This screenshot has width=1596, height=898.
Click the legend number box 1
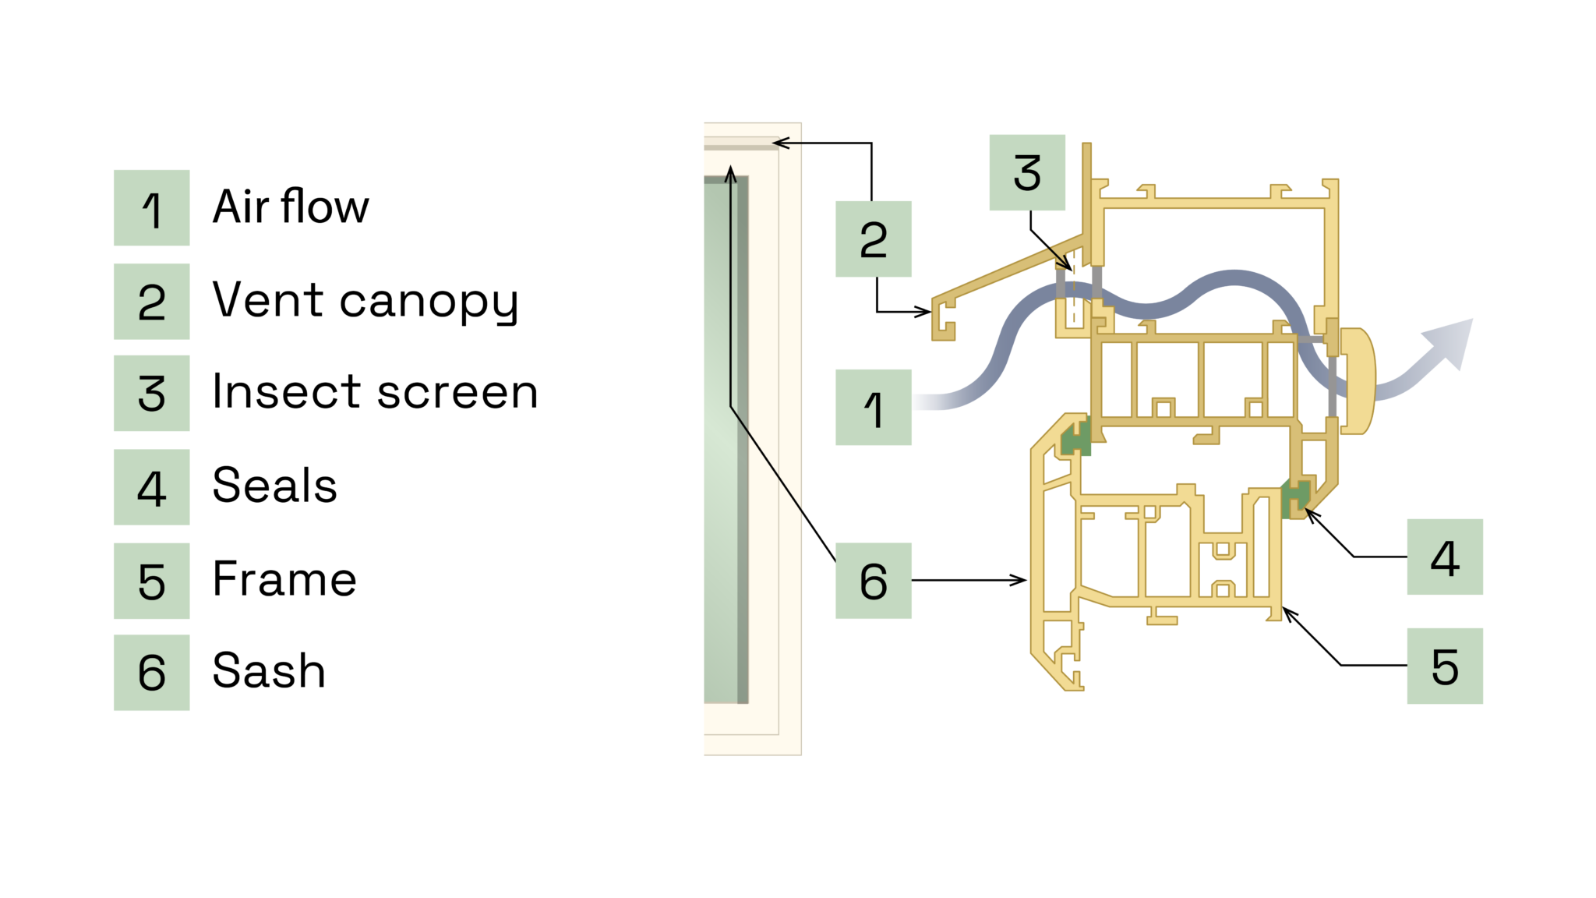point(151,207)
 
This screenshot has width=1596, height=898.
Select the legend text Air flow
point(291,207)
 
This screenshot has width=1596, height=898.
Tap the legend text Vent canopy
point(365,301)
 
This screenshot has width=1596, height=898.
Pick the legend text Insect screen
point(375,392)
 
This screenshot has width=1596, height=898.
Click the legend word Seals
point(274,486)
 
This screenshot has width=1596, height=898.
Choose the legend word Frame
point(284,579)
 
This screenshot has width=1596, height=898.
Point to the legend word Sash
point(269,671)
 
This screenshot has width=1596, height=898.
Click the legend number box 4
point(151,487)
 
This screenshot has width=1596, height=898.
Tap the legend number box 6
point(151,672)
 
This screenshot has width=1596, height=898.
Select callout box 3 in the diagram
point(1027,172)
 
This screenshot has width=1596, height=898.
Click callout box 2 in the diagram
point(873,239)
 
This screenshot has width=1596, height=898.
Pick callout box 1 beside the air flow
point(873,407)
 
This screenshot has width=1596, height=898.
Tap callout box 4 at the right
point(1444,557)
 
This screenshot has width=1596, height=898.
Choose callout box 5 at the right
point(1444,666)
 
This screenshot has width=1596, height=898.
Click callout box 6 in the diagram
point(873,581)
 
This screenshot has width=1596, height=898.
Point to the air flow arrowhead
point(1451,341)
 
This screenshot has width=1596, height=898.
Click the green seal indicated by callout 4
point(1295,499)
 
